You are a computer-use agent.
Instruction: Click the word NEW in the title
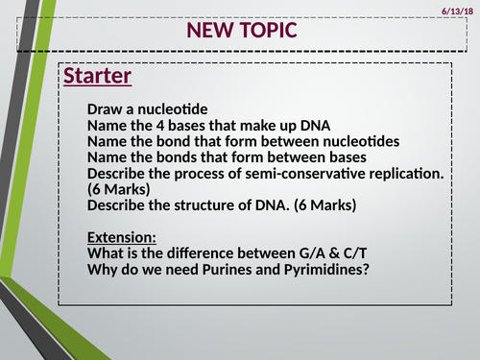[209, 31]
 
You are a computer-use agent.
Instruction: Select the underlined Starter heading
[97, 76]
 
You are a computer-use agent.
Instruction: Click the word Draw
[105, 109]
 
